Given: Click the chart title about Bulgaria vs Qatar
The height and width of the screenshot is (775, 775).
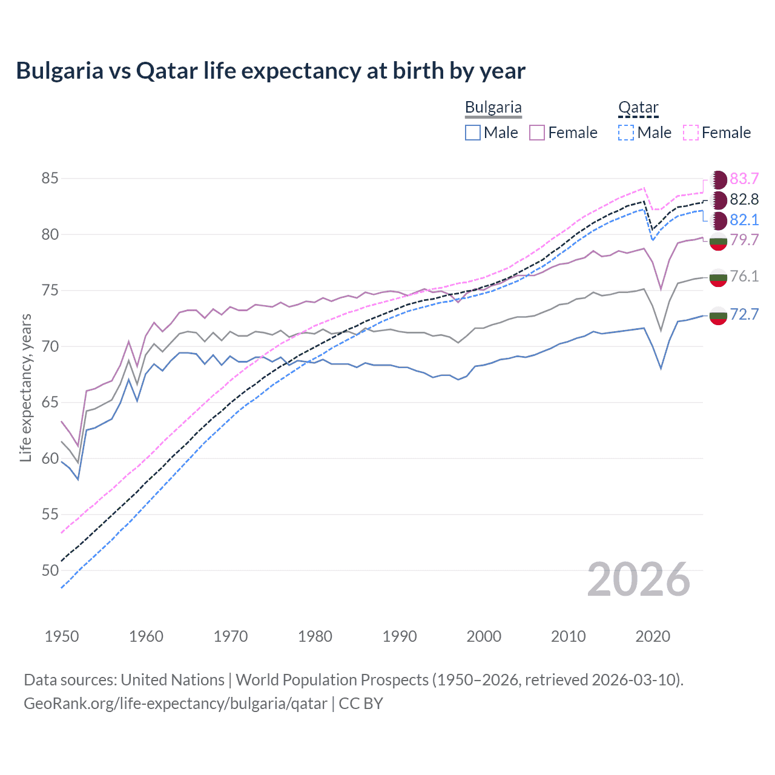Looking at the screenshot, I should pyautogui.click(x=271, y=71).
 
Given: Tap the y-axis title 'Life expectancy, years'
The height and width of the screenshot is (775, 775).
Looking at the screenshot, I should pyautogui.click(x=25, y=387).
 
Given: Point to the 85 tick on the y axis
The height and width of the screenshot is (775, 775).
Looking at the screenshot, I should pyautogui.click(x=50, y=179).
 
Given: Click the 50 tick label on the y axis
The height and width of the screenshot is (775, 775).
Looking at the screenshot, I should pyautogui.click(x=50, y=570).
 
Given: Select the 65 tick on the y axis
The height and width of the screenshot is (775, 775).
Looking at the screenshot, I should pyautogui.click(x=50, y=403).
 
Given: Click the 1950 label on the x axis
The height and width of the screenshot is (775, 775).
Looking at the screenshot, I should pyautogui.click(x=62, y=636).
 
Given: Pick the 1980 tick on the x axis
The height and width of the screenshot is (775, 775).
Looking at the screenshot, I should pyautogui.click(x=315, y=636).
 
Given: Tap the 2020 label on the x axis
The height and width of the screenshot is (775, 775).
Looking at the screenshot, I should pyautogui.click(x=653, y=636).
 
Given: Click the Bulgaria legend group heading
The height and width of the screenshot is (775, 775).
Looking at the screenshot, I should pyautogui.click(x=493, y=108).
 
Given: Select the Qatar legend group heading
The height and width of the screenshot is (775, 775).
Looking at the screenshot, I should pyautogui.click(x=638, y=108).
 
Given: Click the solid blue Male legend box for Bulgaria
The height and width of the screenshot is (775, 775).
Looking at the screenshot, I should pyautogui.click(x=473, y=133).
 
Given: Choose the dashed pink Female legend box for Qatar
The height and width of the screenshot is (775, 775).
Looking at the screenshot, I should pyautogui.click(x=691, y=133).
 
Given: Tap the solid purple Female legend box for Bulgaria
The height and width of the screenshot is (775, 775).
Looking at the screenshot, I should pyautogui.click(x=537, y=133).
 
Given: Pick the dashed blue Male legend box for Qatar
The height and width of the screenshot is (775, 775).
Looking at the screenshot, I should pyautogui.click(x=626, y=133).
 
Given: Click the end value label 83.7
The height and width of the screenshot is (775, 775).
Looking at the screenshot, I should pyautogui.click(x=744, y=179).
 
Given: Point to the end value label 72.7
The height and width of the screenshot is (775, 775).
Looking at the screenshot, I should pyautogui.click(x=744, y=314).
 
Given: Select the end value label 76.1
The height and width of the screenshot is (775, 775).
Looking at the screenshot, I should pyautogui.click(x=744, y=277).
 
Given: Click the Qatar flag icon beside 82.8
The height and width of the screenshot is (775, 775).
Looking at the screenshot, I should pyautogui.click(x=719, y=200).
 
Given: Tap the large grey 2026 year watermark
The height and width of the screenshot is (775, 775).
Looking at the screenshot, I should pyautogui.click(x=639, y=579).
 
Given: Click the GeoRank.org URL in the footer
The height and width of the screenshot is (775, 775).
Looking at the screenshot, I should pyautogui.click(x=176, y=704).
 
